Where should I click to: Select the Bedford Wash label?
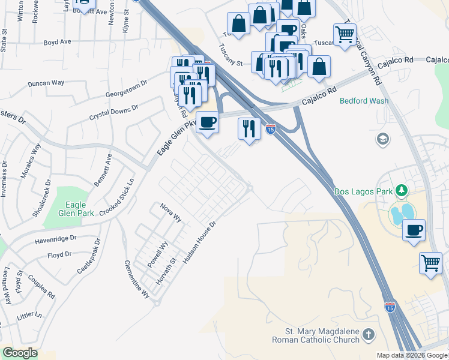[364, 101]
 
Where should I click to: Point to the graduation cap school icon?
[382, 140]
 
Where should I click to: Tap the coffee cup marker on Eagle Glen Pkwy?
[208, 122]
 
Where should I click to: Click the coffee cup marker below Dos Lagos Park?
[414, 230]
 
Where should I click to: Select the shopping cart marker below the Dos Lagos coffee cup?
[430, 262]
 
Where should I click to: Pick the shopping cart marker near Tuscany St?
[345, 34]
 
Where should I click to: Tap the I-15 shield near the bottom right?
[390, 307]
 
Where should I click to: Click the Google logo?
[20, 353]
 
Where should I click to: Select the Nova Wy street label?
[170, 212]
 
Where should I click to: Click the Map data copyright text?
[412, 355]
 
